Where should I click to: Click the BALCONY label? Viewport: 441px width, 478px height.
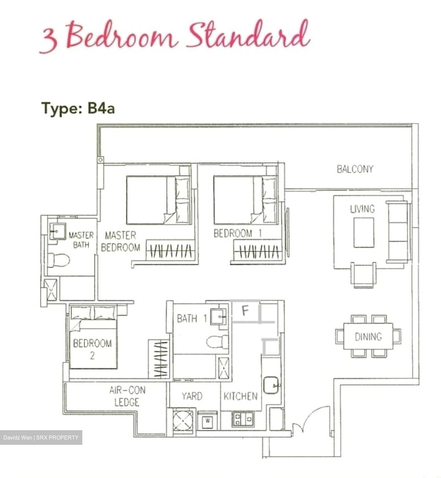[355, 169]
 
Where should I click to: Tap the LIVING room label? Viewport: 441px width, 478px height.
[362, 209]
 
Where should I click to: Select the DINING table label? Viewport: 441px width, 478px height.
[368, 337]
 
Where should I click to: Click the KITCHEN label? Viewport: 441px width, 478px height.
[240, 396]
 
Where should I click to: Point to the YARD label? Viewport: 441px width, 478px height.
[192, 396]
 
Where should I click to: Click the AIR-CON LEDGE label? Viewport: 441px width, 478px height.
[127, 396]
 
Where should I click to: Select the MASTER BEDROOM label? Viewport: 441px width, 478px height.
[120, 241]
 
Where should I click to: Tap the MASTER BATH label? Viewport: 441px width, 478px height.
[81, 240]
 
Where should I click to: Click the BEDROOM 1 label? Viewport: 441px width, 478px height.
[237, 233]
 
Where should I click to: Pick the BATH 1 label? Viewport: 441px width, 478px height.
[192, 319]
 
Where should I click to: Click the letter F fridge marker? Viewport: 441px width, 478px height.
[245, 311]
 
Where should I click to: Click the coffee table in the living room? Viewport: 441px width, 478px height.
[364, 232]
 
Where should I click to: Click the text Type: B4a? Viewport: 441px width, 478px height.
[78, 108]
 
